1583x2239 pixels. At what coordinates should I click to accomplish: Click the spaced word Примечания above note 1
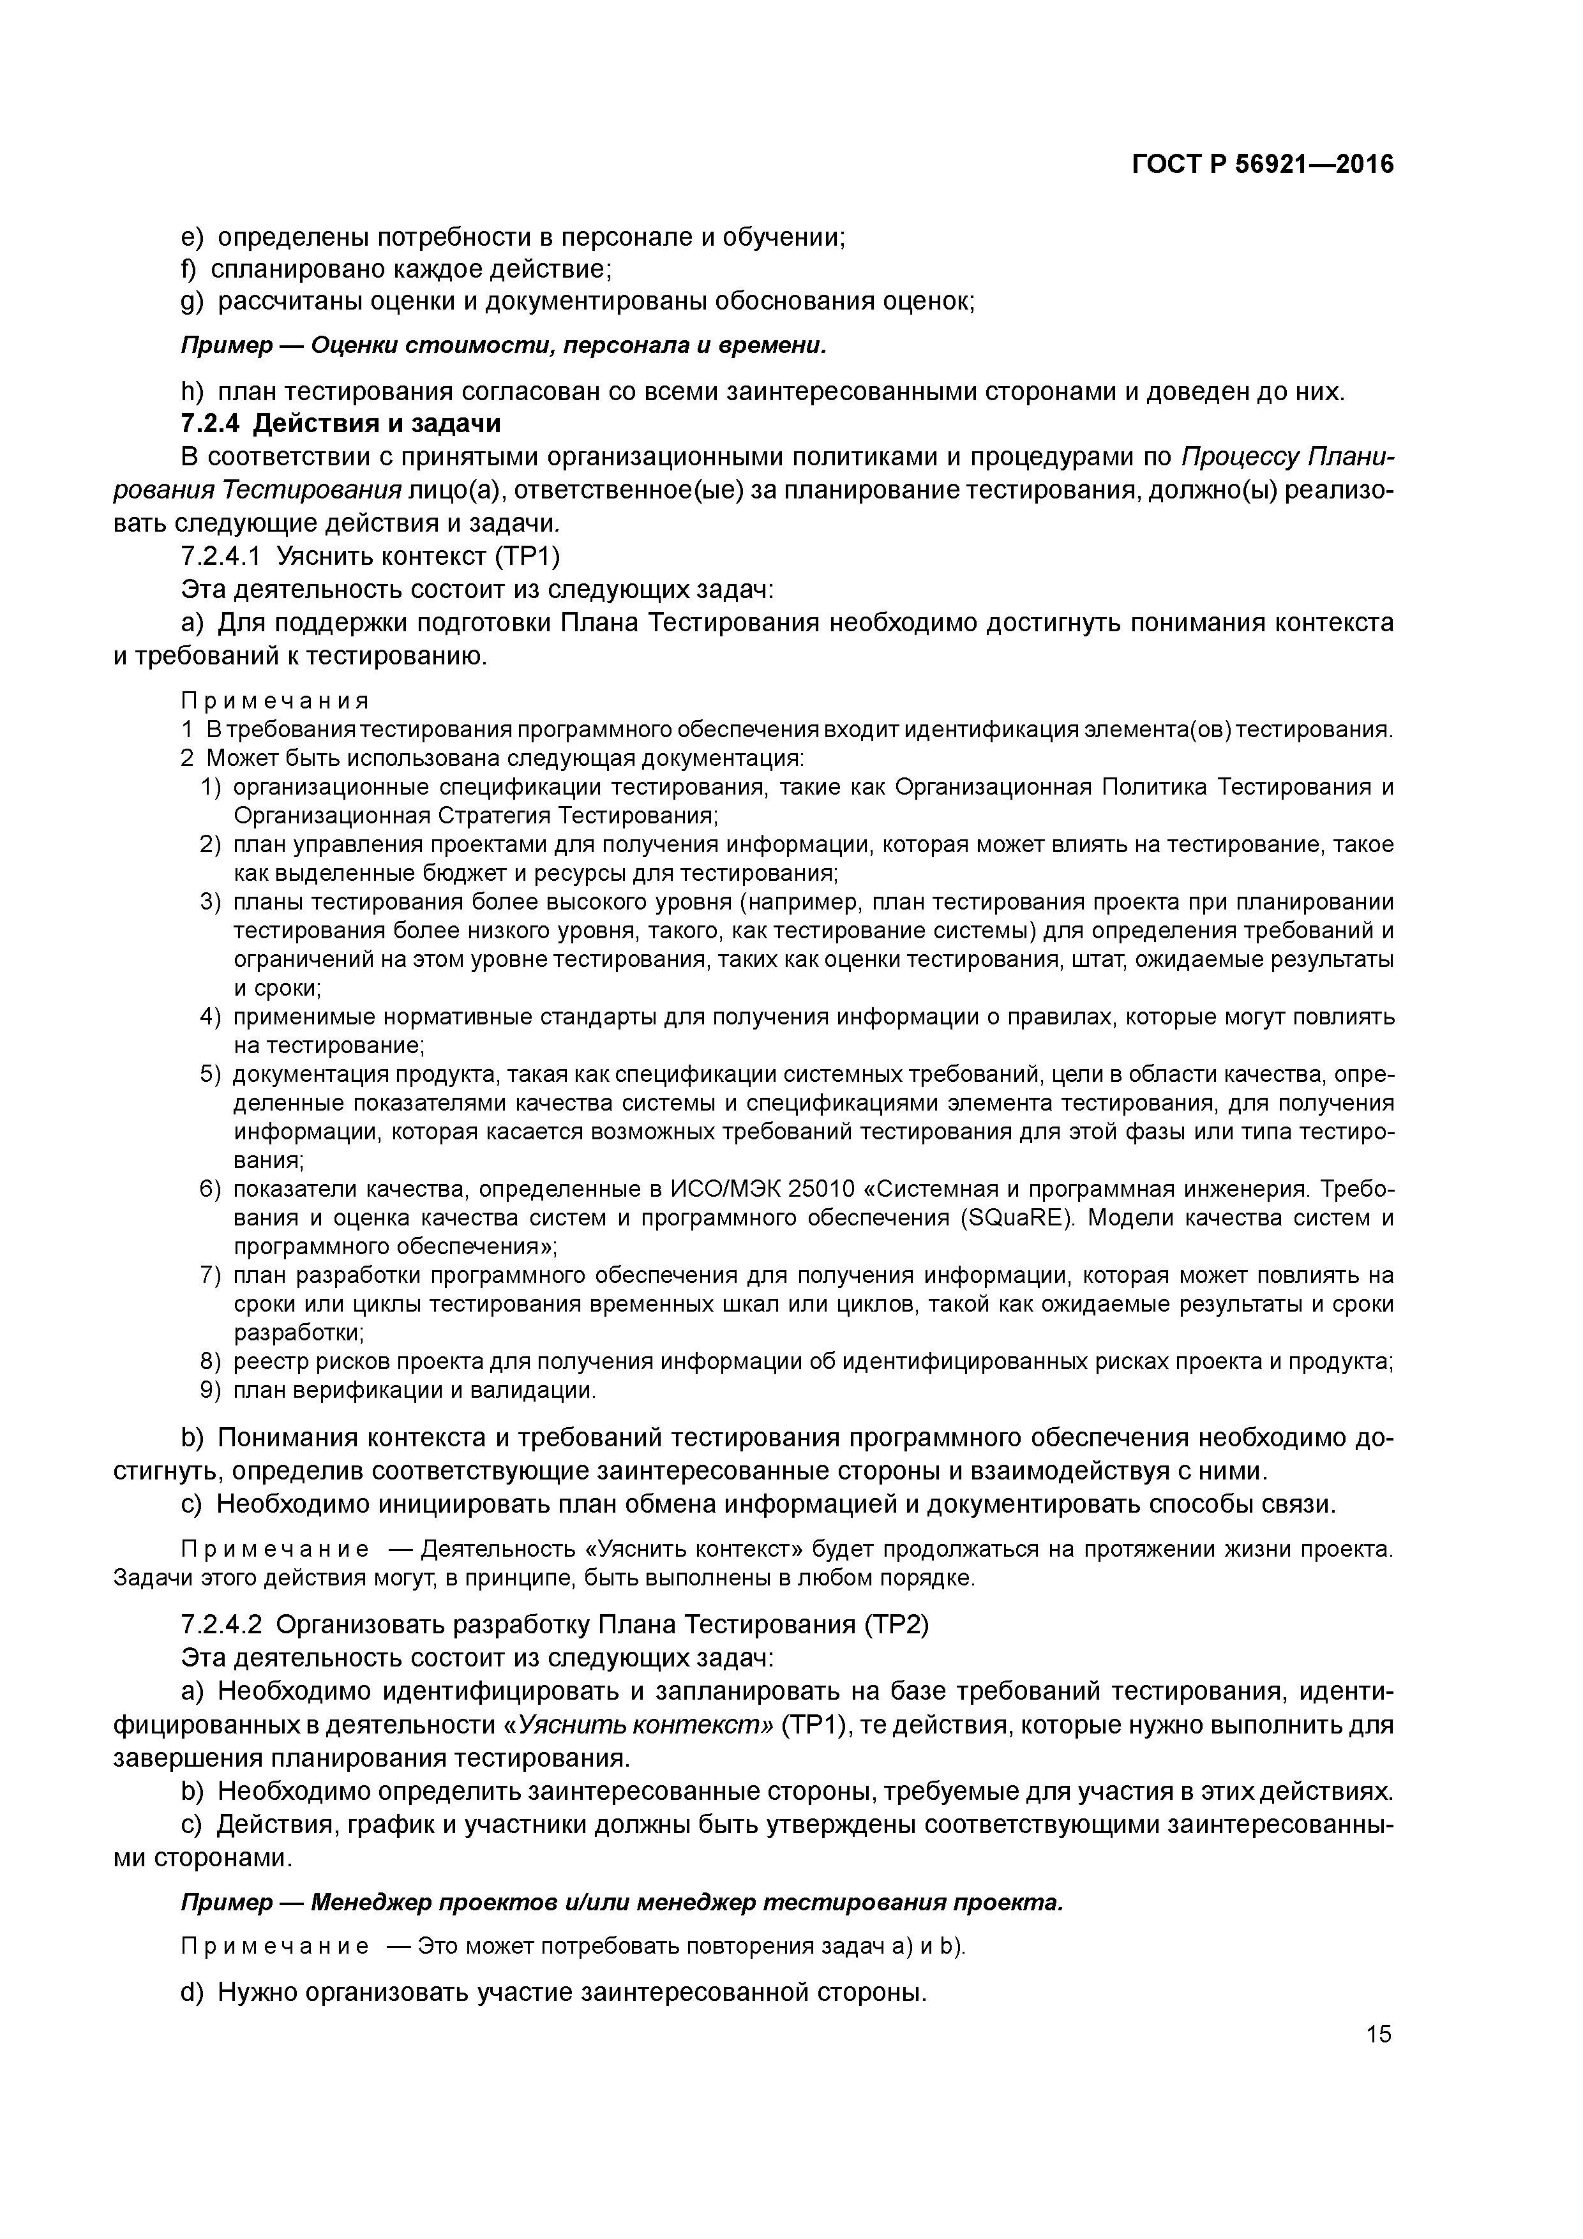point(275,701)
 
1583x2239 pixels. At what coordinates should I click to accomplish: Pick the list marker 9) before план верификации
point(211,1389)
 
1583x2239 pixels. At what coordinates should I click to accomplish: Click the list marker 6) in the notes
point(211,1190)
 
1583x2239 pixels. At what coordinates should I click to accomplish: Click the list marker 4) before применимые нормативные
point(211,1017)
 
